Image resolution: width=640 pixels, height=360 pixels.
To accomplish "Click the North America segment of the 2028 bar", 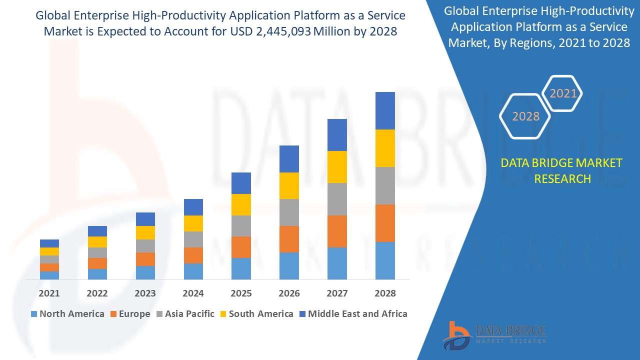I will click(x=385, y=260).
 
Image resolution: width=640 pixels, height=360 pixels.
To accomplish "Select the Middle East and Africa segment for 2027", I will click(x=337, y=135).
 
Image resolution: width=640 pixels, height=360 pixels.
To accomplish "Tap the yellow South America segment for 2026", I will click(x=289, y=185).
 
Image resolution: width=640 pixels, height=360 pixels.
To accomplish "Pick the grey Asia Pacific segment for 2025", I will click(x=241, y=226).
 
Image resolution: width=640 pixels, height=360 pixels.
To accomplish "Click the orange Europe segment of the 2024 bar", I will click(x=193, y=255).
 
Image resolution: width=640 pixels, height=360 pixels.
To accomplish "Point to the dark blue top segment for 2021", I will click(x=49, y=243).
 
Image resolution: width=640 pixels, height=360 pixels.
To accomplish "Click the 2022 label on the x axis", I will click(x=97, y=293).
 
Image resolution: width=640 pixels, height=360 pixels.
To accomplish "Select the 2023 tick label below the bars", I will click(x=145, y=293).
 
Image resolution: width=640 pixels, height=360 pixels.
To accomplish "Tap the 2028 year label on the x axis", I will click(x=385, y=293).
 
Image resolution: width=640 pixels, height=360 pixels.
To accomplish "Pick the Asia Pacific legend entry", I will click(x=184, y=314).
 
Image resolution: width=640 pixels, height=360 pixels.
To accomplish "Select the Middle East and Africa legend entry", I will click(x=352, y=314).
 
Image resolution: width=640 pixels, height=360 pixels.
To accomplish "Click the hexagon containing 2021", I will click(x=563, y=93).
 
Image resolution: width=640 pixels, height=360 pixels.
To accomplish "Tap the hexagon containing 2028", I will click(x=525, y=116).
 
